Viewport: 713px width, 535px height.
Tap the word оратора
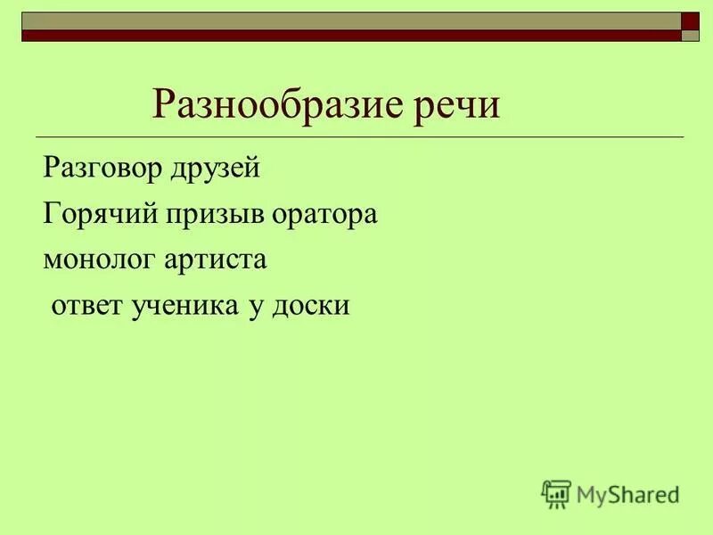pos(328,215)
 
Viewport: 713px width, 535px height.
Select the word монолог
pos(98,260)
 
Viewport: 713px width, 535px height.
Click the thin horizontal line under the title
pos(356,136)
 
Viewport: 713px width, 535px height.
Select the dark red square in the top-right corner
pos(691,21)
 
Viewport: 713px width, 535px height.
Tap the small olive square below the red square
pos(691,37)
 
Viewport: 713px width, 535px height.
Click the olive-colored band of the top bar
pos(348,21)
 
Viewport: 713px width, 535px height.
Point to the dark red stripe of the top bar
pos(348,37)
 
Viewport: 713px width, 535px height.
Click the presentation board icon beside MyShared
pos(556,493)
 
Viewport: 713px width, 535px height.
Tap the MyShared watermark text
pos(627,493)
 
